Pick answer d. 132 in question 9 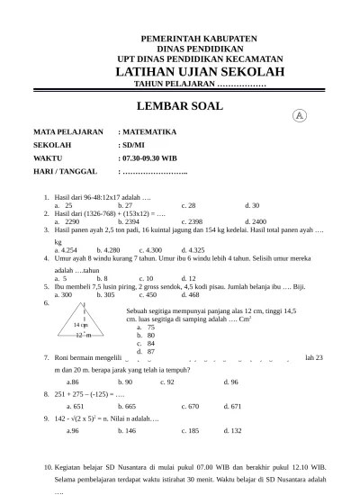[234, 430]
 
